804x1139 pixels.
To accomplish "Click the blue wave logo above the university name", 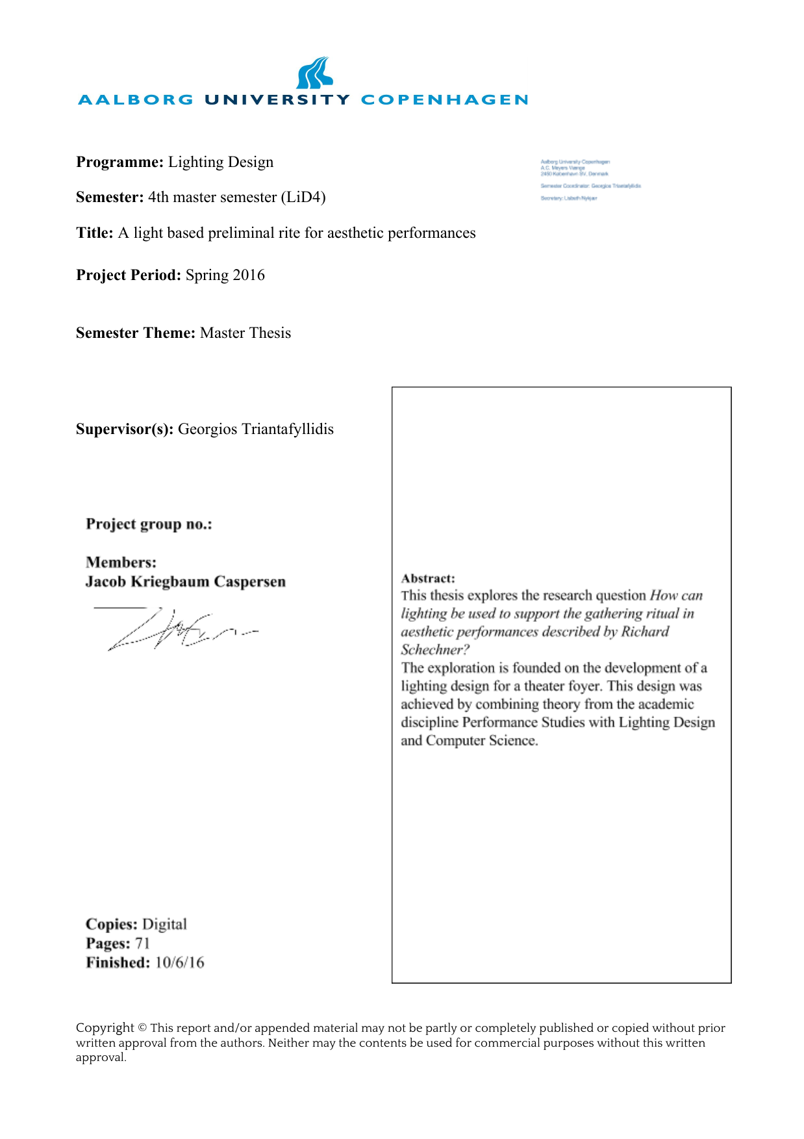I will tap(314, 73).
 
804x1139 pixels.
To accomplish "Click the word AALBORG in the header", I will tap(136, 100).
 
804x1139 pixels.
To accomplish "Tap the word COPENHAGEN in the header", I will tap(444, 100).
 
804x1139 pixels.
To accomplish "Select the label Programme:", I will tap(119, 162).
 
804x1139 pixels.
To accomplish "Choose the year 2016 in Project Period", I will tap(249, 275).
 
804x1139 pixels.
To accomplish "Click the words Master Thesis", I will tap(245, 333).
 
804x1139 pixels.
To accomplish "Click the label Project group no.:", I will tap(149, 524).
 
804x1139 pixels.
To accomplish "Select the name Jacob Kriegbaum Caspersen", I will tap(185, 582).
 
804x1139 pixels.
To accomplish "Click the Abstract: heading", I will tap(428, 578).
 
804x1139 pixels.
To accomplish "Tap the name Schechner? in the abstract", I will tap(434, 650).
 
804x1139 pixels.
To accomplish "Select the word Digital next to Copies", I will tap(164, 924).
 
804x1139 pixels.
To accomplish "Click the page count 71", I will tap(142, 943).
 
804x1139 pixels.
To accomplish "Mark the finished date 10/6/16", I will tap(179, 962).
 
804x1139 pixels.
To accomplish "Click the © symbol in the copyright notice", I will tap(142, 1028).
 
